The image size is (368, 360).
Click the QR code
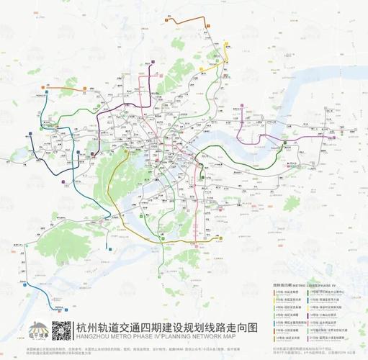click(x=63, y=331)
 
